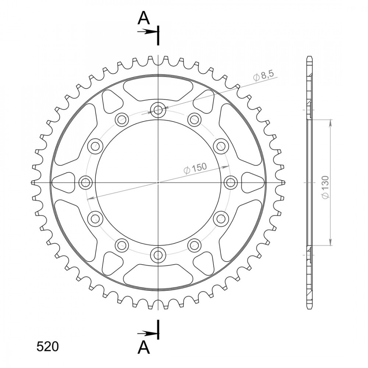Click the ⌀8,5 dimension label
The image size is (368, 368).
click(263, 76)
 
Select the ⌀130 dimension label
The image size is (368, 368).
click(326, 187)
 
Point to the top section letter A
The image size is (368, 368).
click(144, 18)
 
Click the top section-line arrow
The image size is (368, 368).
click(147, 32)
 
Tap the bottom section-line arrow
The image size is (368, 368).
click(147, 333)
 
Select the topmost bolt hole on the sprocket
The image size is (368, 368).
click(158, 109)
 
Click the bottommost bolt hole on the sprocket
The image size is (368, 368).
click(158, 255)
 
